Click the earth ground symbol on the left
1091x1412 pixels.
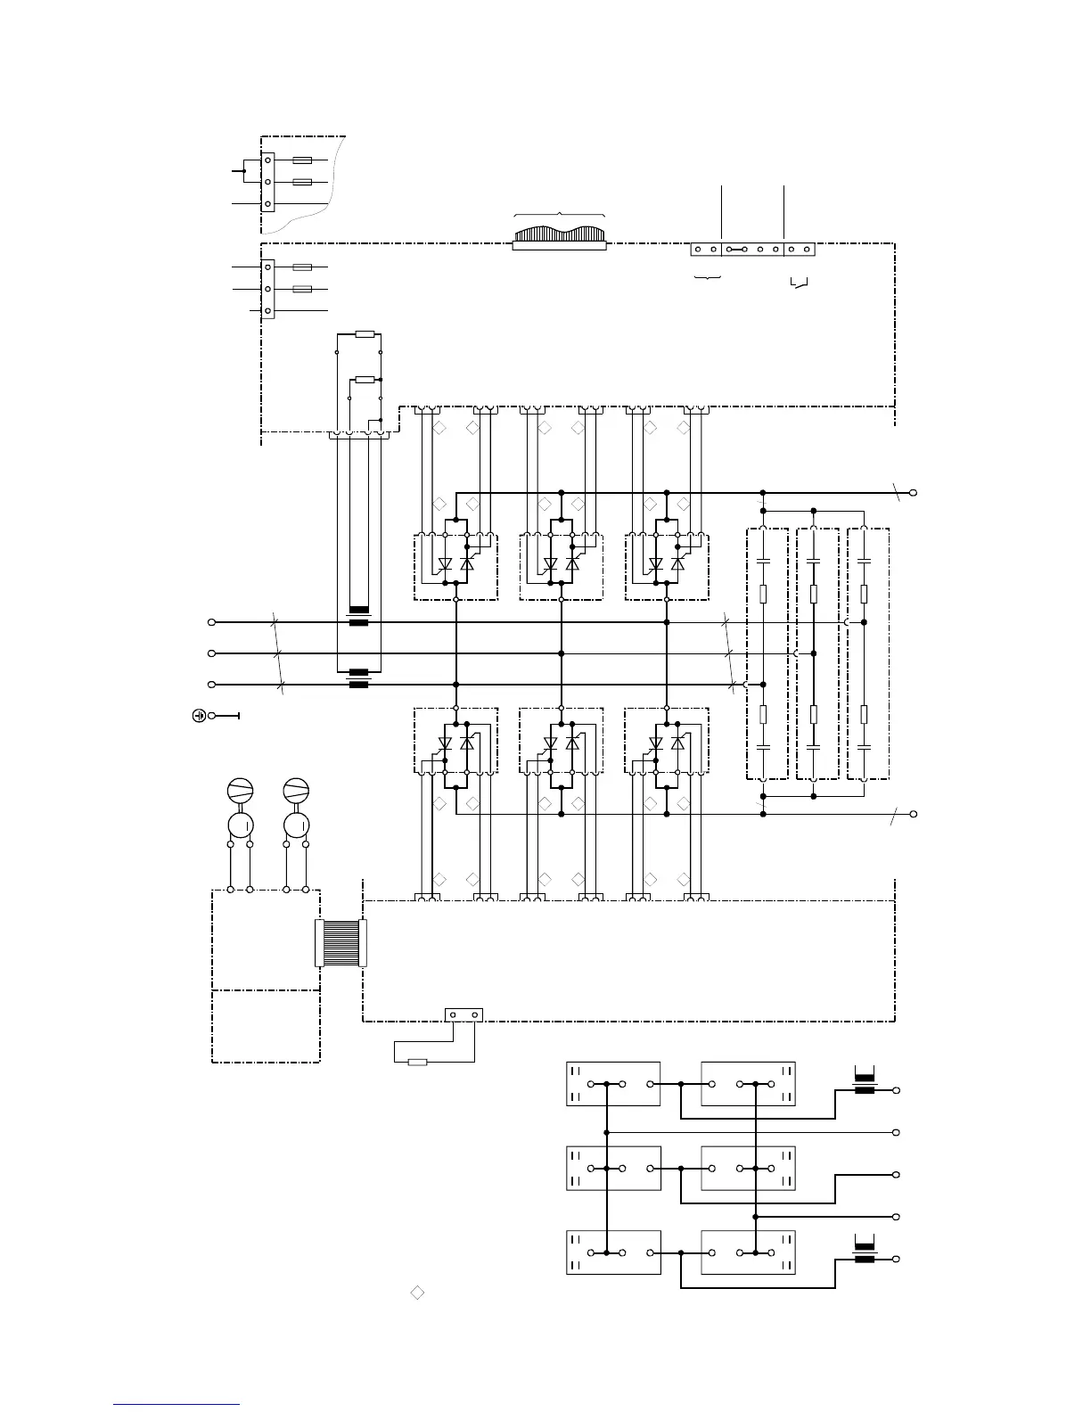[200, 715]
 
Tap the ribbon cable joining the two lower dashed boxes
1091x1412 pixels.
[340, 943]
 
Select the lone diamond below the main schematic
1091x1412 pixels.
[416, 1292]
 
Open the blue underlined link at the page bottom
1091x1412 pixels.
[176, 1404]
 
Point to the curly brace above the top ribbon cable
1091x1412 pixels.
[559, 214]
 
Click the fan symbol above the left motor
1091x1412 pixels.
[241, 791]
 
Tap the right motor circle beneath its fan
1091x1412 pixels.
[296, 823]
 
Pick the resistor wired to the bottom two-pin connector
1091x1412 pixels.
[416, 1062]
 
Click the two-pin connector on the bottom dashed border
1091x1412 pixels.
[463, 1014]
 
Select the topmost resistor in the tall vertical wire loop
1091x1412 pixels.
[365, 334]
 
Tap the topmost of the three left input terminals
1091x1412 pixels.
[211, 622]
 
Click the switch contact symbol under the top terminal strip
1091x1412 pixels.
[800, 284]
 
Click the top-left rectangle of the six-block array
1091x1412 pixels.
[613, 1084]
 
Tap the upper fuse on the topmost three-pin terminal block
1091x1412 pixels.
[302, 160]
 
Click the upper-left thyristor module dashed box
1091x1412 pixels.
[455, 567]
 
